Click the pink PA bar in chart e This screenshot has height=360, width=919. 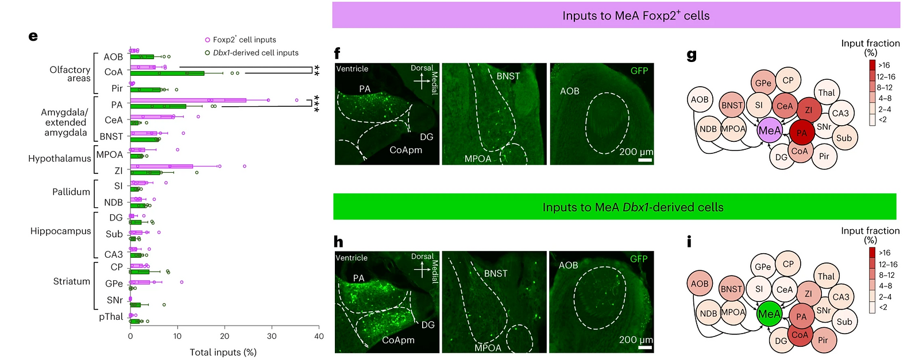(x=188, y=100)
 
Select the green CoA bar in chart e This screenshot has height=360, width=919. (x=167, y=73)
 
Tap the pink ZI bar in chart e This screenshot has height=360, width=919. (x=161, y=166)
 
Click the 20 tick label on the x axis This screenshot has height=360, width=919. (x=225, y=336)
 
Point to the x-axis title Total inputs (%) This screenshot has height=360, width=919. (x=223, y=352)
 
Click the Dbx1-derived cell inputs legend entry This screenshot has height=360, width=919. (x=252, y=52)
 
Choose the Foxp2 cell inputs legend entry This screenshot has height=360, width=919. (x=241, y=40)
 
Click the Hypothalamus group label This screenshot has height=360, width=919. (x=60, y=158)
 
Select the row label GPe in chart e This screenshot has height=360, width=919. (x=114, y=283)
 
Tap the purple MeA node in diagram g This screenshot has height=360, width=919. (x=770, y=130)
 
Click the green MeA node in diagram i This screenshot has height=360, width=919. (x=769, y=314)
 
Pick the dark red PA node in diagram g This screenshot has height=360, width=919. (x=802, y=133)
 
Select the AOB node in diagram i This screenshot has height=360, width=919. (x=700, y=283)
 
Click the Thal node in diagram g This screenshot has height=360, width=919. (x=827, y=92)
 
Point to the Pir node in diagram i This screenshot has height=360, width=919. (x=824, y=340)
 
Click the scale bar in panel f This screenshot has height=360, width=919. (x=645, y=160)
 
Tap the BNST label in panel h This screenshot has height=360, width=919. (x=496, y=273)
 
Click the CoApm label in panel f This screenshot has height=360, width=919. (x=406, y=150)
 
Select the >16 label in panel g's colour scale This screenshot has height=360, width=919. (x=884, y=65)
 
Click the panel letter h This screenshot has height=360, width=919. (x=338, y=242)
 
